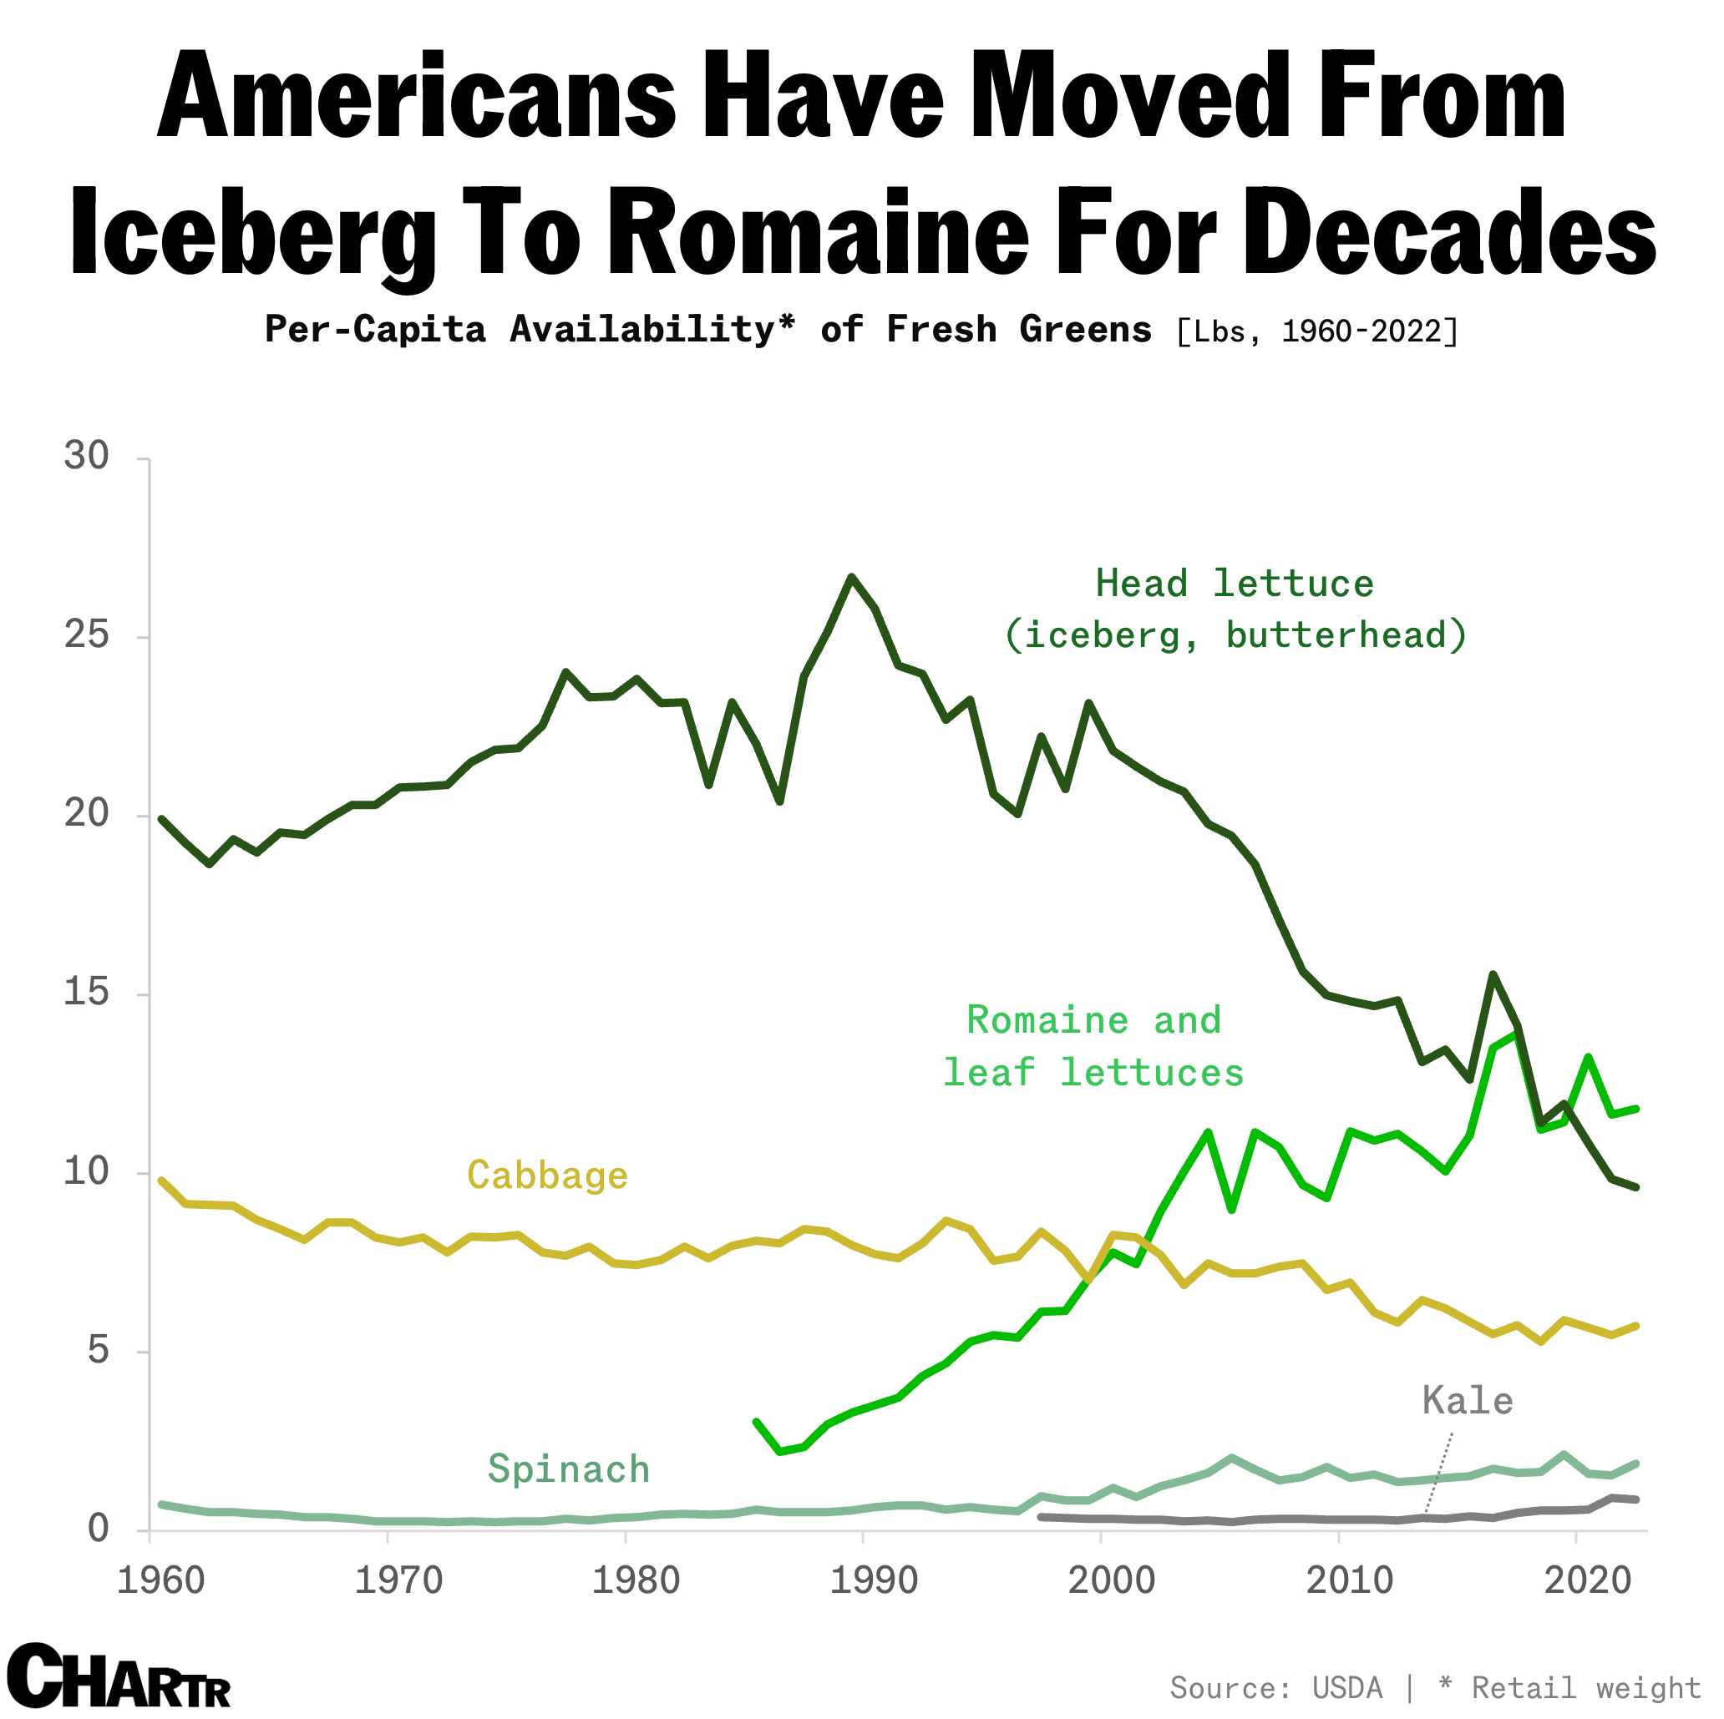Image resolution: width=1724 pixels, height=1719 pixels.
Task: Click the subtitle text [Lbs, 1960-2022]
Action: click(x=1317, y=331)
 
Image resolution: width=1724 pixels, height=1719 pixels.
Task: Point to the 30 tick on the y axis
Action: click(x=86, y=456)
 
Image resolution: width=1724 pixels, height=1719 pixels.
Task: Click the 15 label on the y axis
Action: click(x=86, y=991)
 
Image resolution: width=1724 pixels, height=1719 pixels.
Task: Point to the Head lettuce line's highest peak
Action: click(x=851, y=577)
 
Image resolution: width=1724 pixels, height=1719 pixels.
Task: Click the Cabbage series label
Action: click(x=547, y=1175)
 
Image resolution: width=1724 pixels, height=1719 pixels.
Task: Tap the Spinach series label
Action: click(x=569, y=1469)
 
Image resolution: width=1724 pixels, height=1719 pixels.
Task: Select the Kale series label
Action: click(x=1467, y=1402)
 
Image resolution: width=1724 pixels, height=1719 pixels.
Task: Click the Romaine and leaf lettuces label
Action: click(x=1093, y=1046)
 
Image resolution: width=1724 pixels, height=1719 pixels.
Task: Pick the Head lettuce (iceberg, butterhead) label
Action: click(x=1235, y=609)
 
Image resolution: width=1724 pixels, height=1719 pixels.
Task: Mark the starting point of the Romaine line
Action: click(x=756, y=1422)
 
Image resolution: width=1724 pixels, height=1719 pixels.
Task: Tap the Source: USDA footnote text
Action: click(x=1276, y=1688)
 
